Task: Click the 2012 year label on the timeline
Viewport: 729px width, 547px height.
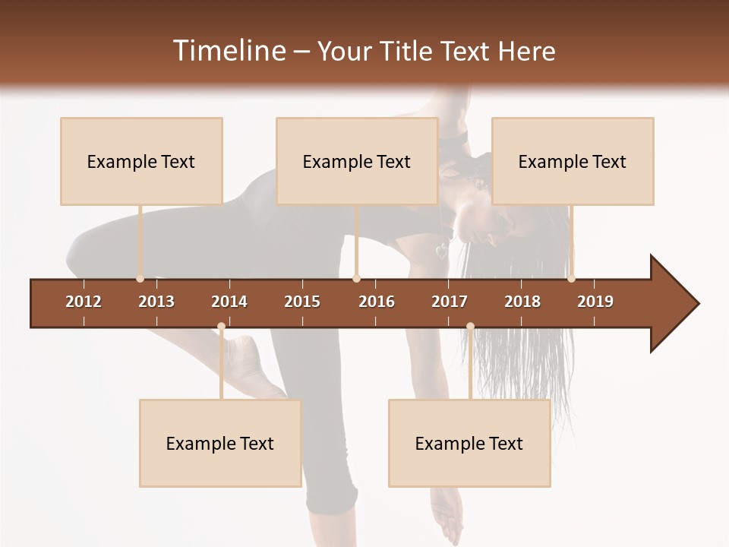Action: coord(84,302)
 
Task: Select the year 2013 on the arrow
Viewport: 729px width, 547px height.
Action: coord(156,302)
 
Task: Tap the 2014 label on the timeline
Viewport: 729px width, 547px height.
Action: coord(229,302)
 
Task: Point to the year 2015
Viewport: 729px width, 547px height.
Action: coord(302,302)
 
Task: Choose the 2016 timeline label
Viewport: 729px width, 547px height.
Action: coord(377,302)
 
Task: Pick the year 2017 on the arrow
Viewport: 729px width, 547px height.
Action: coord(450,302)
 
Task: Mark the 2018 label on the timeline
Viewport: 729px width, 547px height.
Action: coord(522,302)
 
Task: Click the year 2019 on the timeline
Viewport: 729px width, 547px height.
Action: coord(595,302)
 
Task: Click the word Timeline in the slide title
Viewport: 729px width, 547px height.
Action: coord(229,51)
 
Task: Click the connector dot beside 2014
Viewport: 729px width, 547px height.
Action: coord(221,327)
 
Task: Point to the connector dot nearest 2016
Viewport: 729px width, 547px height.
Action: coord(356,279)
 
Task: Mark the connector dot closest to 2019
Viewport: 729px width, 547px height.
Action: coord(571,279)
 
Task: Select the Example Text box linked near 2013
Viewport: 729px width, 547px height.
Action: coord(141,161)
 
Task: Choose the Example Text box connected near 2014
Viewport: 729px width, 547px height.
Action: coord(220,443)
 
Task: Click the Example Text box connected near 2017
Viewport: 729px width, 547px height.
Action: coord(469,443)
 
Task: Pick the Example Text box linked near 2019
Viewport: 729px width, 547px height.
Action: coord(573,161)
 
